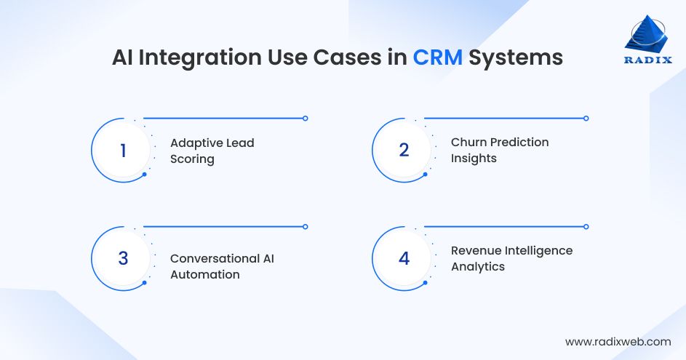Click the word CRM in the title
[x=437, y=57]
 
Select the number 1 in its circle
[x=123, y=151]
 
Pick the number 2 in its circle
[x=404, y=151]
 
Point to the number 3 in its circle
[x=123, y=259]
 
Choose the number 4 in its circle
[x=404, y=259]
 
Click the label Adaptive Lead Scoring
[x=212, y=151]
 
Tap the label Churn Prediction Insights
[x=499, y=150]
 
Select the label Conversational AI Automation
[x=222, y=266]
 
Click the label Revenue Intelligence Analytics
[x=511, y=258]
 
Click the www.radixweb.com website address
[x=618, y=341]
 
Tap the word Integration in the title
[x=211, y=57]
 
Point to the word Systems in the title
[x=515, y=57]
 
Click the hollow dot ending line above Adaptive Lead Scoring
[x=305, y=118]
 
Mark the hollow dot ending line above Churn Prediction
[x=586, y=118]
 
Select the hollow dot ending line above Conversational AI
[x=305, y=226]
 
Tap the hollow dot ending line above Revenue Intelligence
[x=586, y=226]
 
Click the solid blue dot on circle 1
[x=144, y=175]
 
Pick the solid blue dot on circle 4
[x=425, y=283]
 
